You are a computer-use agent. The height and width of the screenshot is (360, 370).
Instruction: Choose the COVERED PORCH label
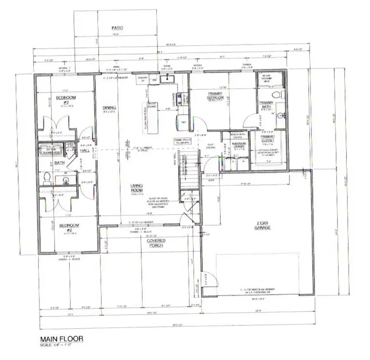coord(156,243)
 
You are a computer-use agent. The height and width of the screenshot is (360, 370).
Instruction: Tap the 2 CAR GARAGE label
coord(261,225)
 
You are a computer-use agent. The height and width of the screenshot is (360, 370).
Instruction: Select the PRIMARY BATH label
coord(266,105)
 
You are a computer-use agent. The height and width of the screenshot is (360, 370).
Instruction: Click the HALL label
coord(85,151)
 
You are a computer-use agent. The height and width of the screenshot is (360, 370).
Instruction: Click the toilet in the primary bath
coord(281,95)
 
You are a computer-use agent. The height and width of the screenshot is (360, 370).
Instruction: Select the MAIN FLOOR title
coord(61,339)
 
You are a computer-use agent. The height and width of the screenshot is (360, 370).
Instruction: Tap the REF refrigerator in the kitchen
coord(183,122)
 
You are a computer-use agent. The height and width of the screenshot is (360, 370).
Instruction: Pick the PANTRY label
coord(143,78)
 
